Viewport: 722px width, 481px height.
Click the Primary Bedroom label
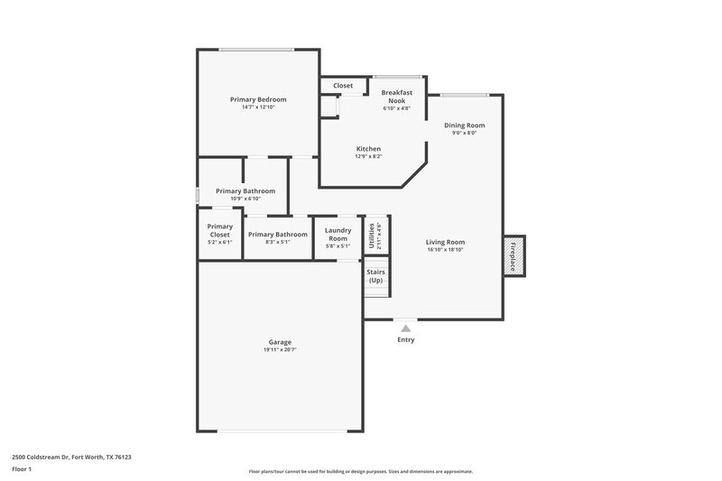[258, 99]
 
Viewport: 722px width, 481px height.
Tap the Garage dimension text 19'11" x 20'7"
[280, 349]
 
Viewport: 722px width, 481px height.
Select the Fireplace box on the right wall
[514, 255]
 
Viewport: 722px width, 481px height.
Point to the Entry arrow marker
[405, 328]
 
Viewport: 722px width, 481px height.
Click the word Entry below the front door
[405, 340]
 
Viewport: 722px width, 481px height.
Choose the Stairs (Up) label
[375, 275]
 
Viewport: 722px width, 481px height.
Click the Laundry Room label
[338, 234]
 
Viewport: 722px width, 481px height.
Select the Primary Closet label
[220, 230]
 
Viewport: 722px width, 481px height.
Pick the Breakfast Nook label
[396, 96]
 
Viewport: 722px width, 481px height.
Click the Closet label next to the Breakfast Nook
[343, 86]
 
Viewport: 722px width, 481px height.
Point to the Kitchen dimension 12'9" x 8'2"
[368, 156]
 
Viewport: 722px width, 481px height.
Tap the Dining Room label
[464, 125]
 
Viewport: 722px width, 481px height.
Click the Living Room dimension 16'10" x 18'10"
[445, 250]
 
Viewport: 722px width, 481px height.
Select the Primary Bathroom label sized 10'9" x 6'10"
[245, 191]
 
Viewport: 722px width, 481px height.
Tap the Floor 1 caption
[23, 470]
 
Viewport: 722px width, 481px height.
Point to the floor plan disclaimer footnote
[360, 471]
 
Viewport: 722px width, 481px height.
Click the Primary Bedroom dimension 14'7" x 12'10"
[258, 107]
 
